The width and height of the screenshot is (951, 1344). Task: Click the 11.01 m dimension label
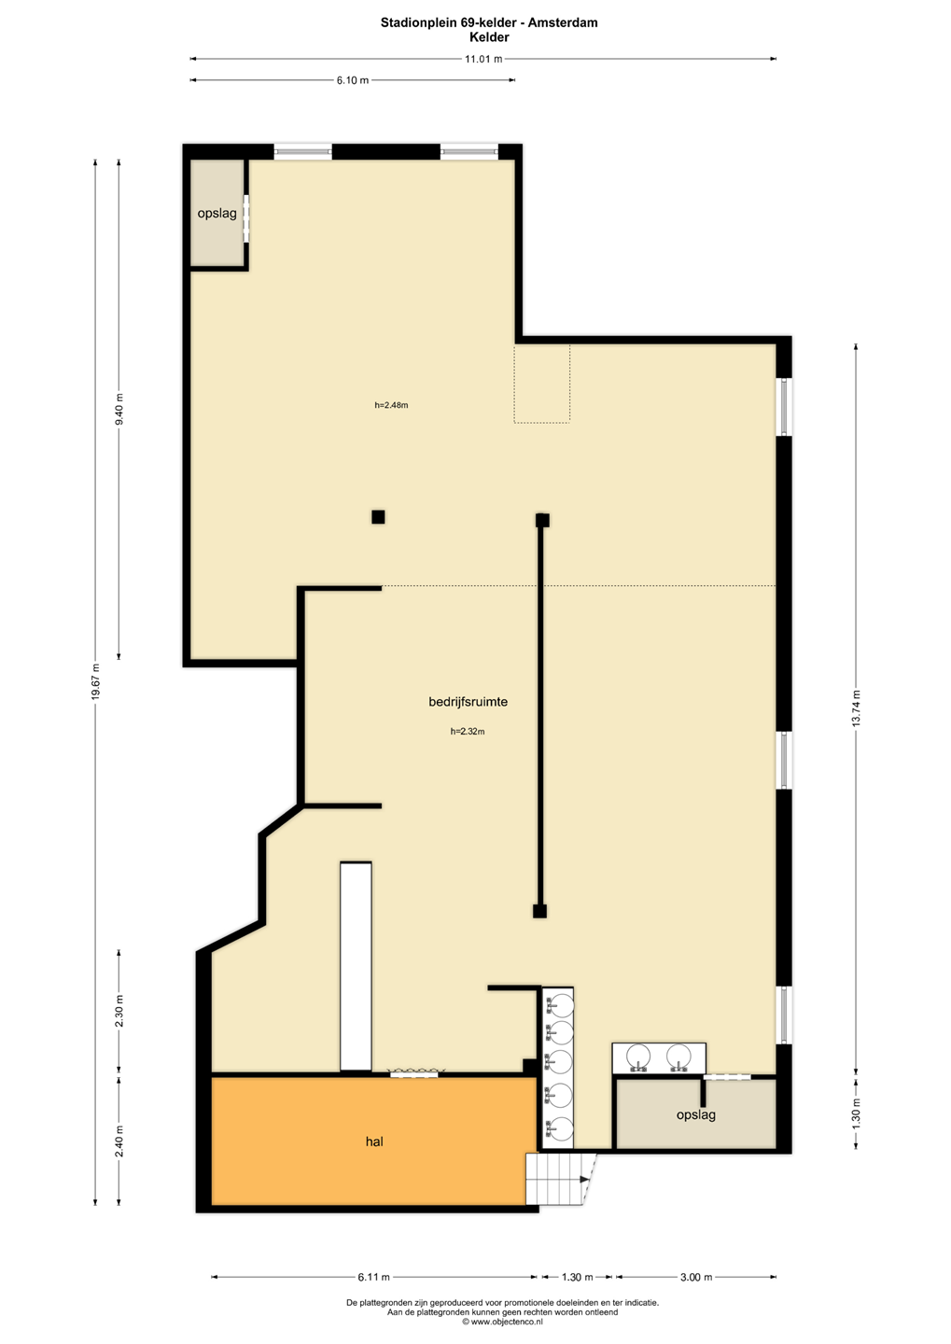coord(483,59)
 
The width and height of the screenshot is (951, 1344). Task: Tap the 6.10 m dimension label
coord(352,80)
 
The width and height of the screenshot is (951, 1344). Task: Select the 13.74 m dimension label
coord(856,708)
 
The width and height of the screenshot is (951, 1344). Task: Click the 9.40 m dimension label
coord(119,409)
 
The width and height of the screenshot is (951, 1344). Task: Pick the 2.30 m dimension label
coord(119,1011)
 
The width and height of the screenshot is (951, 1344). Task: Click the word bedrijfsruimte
coord(468,702)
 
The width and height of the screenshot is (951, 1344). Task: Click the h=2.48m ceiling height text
coord(391,405)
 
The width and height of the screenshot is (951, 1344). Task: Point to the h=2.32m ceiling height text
coord(468,732)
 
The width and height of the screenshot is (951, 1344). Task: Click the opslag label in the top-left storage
coord(217,214)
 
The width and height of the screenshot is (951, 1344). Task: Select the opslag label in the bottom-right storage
coord(696,1115)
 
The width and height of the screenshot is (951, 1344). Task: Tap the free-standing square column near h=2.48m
coord(378,517)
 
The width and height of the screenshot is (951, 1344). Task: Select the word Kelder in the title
coord(490,37)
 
